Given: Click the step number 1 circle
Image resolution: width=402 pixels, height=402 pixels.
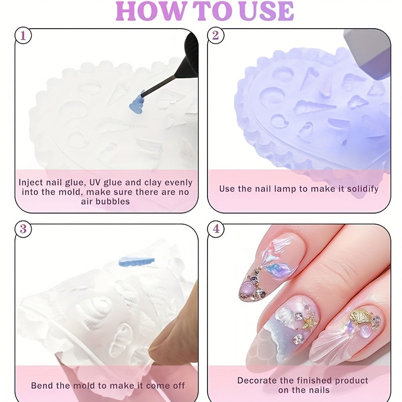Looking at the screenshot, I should coord(22,36).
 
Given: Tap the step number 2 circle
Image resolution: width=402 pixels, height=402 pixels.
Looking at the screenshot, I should coord(216,36).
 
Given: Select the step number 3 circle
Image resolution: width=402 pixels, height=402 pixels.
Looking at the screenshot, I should coord(22,229).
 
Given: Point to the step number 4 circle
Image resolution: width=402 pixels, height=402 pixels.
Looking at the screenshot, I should coord(216,229).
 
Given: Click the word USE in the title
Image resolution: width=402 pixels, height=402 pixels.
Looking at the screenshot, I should coord(266,11).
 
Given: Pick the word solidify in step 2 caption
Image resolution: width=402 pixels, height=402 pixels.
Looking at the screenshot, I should coord(360,189).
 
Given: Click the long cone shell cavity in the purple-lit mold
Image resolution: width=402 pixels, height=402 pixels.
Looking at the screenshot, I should coord(314,107).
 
